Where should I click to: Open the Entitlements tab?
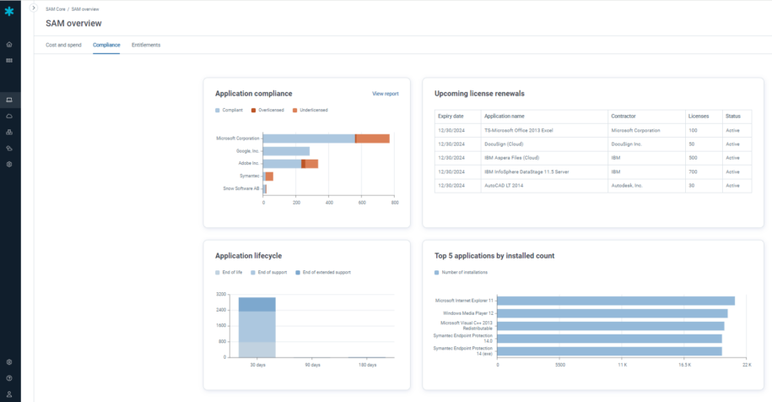tap(146, 45)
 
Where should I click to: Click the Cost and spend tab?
tap(63, 45)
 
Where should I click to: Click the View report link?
tap(385, 94)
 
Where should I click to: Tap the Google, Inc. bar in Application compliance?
tap(286, 151)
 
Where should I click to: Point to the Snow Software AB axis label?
tap(240, 188)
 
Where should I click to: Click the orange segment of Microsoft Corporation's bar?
tap(372, 139)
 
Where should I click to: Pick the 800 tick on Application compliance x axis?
tap(395, 204)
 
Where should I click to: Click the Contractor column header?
tap(623, 116)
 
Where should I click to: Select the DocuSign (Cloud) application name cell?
tap(505, 144)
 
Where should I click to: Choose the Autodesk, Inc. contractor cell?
tap(626, 185)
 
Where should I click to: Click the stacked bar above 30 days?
tap(256, 328)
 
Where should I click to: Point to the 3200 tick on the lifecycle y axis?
tap(221, 294)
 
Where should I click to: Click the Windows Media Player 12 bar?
tap(612, 313)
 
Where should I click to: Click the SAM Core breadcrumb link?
tap(55, 8)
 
